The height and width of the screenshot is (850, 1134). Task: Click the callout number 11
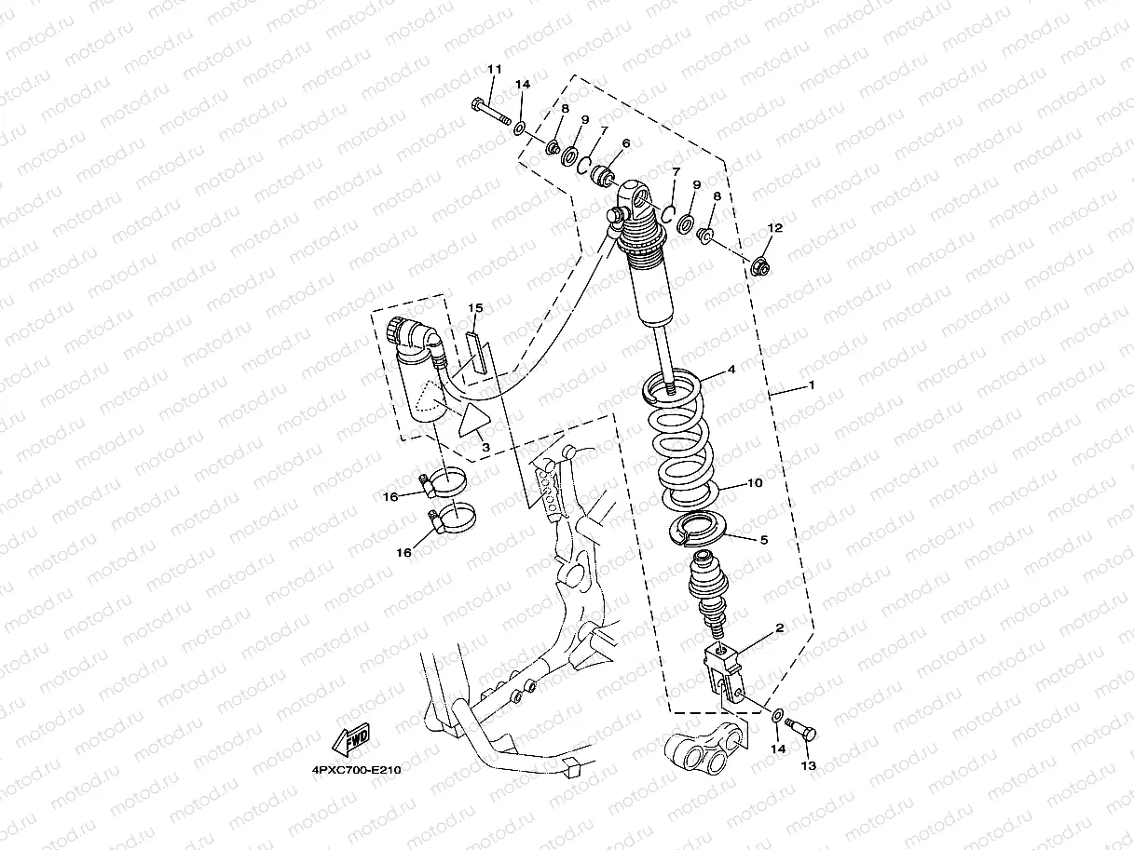(494, 70)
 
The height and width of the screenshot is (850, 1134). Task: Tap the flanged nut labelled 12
(759, 267)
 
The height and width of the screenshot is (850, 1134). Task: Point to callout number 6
(625, 143)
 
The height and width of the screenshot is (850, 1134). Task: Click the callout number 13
(808, 765)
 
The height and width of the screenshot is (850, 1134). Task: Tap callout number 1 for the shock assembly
(812, 385)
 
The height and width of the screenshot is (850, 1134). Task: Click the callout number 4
(731, 370)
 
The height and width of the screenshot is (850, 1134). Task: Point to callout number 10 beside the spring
(755, 483)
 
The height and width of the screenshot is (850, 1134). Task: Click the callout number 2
(780, 627)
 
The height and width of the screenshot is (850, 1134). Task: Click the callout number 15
(475, 307)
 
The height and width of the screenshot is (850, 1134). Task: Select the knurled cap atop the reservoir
(398, 329)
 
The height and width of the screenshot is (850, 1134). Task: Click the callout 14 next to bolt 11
(523, 85)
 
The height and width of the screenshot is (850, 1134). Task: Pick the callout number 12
(775, 228)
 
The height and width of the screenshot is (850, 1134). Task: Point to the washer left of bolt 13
(776, 715)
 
